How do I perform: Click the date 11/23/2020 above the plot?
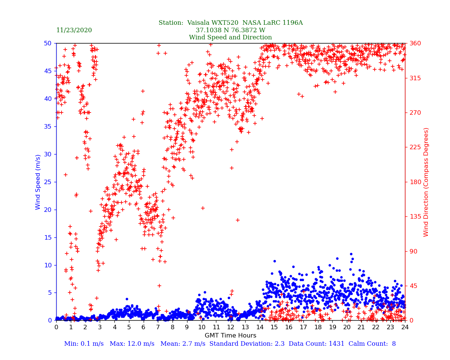[x=74, y=30]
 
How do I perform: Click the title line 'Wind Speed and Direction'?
[x=230, y=37]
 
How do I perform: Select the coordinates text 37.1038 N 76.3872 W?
[x=230, y=30]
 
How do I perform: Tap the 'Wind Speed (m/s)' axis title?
[x=38, y=182]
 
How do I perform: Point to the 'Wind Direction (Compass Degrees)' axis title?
[x=426, y=182]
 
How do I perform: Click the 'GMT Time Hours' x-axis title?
[x=230, y=336]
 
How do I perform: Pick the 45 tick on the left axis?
[x=48, y=71]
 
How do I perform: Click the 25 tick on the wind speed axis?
[x=48, y=182]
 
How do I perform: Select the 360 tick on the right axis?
[x=414, y=43]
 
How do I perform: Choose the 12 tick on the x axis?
[x=231, y=327]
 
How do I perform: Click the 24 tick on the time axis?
[x=405, y=327]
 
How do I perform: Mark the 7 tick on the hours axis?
[x=158, y=327]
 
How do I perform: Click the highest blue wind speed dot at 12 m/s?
[x=351, y=254]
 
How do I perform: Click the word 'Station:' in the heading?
[x=171, y=23]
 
